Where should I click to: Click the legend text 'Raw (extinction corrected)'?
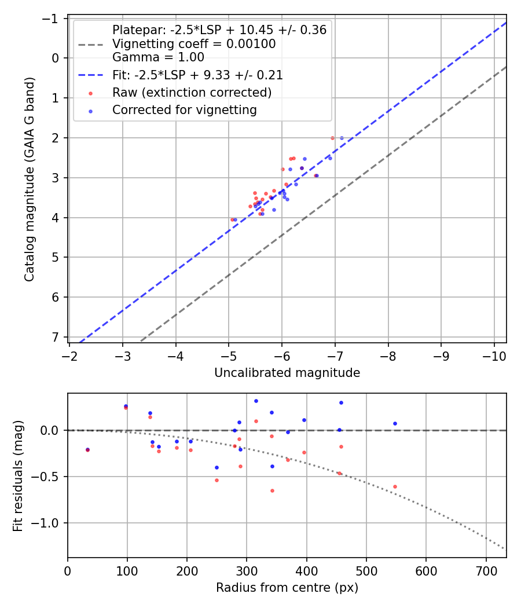pyautogui.click(x=192, y=93)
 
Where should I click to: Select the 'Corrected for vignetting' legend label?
pyautogui.click(x=185, y=110)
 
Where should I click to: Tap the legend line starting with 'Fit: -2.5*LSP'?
pyautogui.click(x=197, y=75)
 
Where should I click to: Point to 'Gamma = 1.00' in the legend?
pyautogui.click(x=158, y=57)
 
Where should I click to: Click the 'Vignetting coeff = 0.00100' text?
pyautogui.click(x=194, y=44)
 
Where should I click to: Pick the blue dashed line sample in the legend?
pyautogui.click(x=90, y=75)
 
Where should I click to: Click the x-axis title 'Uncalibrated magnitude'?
pyautogui.click(x=287, y=373)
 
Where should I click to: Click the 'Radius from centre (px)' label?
pyautogui.click(x=287, y=588)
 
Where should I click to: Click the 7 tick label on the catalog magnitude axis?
pyautogui.click(x=56, y=337)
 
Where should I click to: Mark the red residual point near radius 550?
pyautogui.click(x=395, y=486)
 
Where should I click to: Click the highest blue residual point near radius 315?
pyautogui.click(x=256, y=401)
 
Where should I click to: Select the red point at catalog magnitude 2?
pyautogui.click(x=332, y=138)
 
